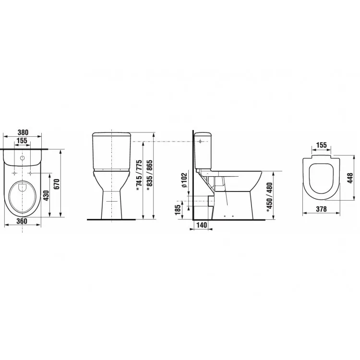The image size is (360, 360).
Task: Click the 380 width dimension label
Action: coord(23,132)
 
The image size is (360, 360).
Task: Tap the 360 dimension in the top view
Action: coord(22,221)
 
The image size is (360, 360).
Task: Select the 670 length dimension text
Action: coord(57,184)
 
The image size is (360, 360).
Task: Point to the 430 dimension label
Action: coord(46,196)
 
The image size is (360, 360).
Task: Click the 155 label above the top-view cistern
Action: coord(22,141)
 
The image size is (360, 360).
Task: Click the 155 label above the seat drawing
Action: coord(322,145)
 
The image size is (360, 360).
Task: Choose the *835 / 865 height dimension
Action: coord(149,175)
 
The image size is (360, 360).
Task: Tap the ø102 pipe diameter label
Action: coord(185,180)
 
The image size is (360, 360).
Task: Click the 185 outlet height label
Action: coord(178,210)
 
